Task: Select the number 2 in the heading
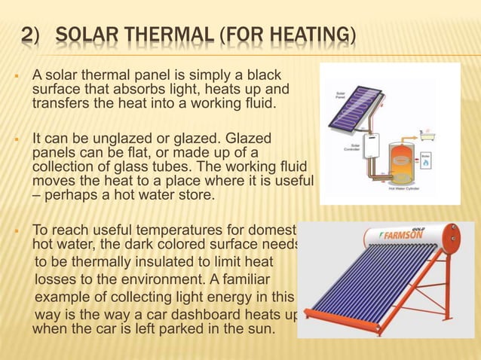coord(27,35)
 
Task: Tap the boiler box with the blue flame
coord(425,160)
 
